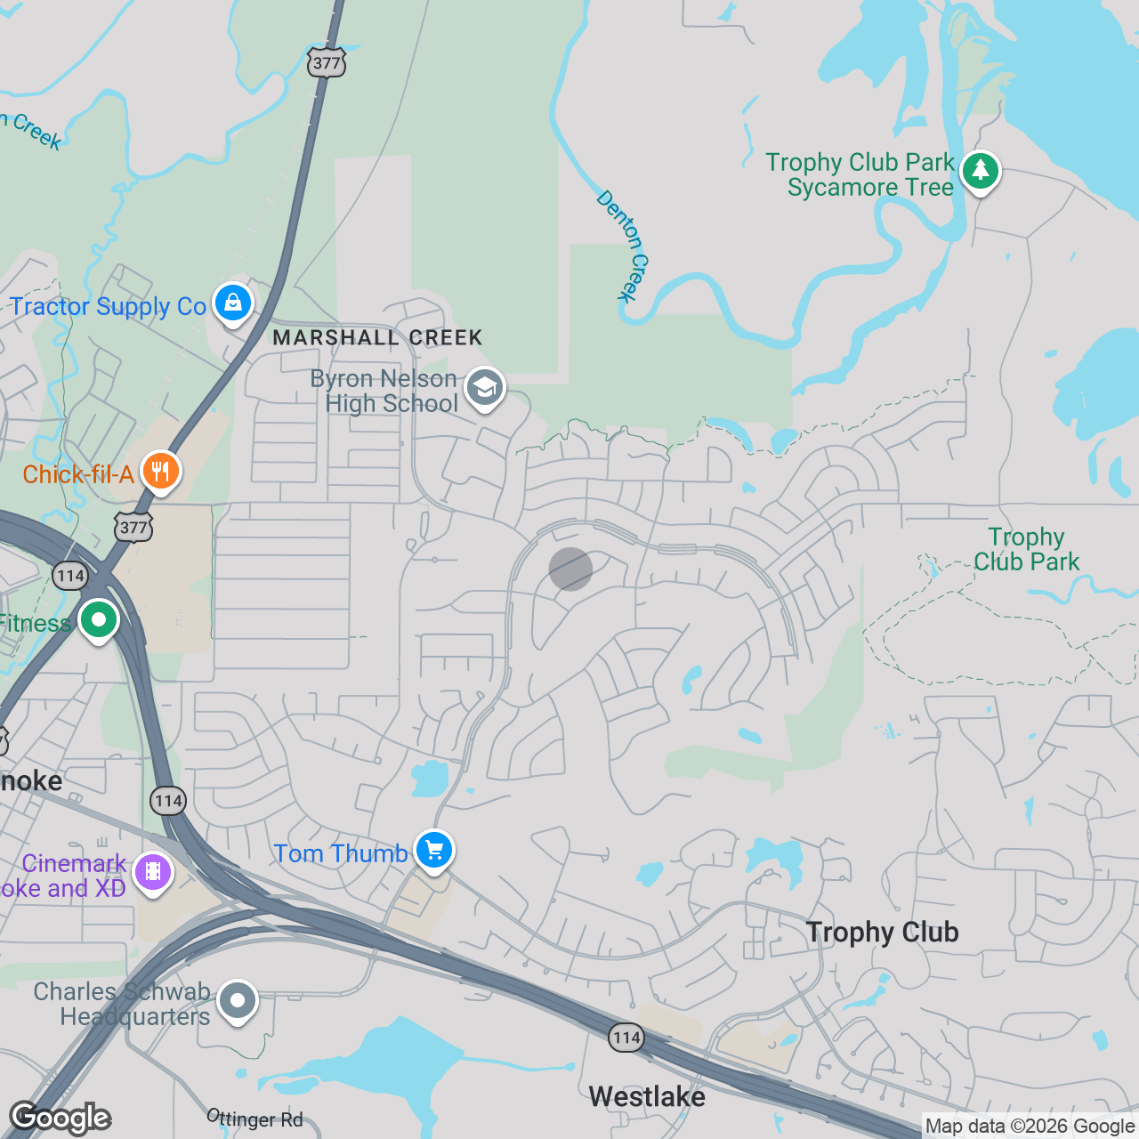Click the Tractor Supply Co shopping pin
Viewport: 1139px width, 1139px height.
(233, 303)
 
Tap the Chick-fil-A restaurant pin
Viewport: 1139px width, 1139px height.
(160, 471)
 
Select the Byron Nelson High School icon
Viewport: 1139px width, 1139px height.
(485, 388)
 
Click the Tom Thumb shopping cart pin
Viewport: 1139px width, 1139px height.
(434, 851)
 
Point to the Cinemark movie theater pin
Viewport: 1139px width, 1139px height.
(153, 873)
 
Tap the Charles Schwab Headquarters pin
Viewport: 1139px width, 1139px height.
(238, 1001)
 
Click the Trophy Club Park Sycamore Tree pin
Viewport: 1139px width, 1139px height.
(980, 171)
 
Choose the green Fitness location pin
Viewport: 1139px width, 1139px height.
(99, 619)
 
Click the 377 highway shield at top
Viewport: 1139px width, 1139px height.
(327, 62)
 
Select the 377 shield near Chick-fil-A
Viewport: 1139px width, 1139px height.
(133, 527)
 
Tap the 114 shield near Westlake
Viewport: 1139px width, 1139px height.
(626, 1037)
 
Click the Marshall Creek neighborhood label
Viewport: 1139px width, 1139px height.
(377, 338)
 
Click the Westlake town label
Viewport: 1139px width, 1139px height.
(647, 1096)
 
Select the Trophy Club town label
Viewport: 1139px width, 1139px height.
(882, 932)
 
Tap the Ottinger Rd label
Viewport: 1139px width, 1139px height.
(255, 1119)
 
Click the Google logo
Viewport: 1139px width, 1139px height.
(61, 1118)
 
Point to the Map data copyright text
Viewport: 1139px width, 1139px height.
(1030, 1127)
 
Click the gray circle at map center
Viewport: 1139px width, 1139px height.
(570, 569)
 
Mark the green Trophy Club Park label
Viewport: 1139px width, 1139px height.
(1026, 549)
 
